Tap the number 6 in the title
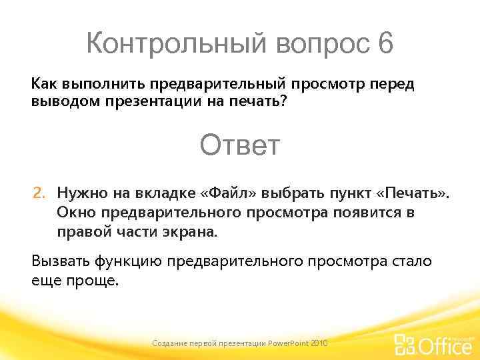pyautogui.click(x=385, y=45)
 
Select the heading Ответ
pyautogui.click(x=240, y=145)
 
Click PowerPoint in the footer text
pyautogui.click(x=288, y=343)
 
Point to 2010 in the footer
pyautogui.click(x=319, y=343)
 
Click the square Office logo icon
pyautogui.click(x=404, y=344)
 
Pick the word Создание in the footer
pyautogui.click(x=170, y=343)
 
